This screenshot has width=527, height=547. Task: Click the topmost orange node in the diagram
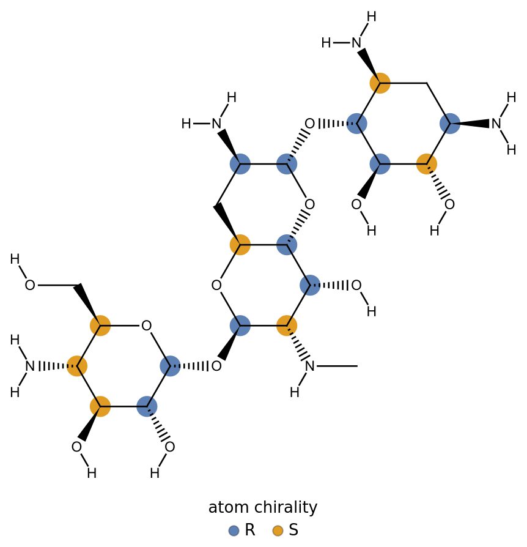coord(380,83)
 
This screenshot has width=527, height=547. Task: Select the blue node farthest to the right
coord(450,124)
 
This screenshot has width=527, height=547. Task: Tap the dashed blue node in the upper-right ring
coord(356,124)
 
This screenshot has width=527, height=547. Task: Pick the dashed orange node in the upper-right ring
coord(427,164)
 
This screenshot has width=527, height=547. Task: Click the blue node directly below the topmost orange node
coord(380,164)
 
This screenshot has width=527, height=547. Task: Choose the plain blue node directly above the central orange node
coord(240,164)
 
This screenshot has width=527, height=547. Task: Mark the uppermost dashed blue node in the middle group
coord(287,164)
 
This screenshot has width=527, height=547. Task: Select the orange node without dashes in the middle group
coord(240,245)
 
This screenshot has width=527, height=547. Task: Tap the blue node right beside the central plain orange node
coord(287,245)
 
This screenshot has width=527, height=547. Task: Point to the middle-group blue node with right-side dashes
coord(310,285)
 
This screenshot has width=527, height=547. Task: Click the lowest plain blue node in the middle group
coord(240,326)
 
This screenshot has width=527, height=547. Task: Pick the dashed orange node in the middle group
coord(287,326)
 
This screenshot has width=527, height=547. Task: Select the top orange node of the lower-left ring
coord(100,326)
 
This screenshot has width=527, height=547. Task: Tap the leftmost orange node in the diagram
coord(77,366)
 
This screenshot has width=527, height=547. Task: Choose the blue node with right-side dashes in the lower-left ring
coord(170,366)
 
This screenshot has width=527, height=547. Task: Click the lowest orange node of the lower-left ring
coord(100,406)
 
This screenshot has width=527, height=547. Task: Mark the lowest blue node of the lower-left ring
coord(147,406)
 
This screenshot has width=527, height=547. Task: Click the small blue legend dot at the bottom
coord(234,530)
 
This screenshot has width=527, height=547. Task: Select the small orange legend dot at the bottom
coord(278,530)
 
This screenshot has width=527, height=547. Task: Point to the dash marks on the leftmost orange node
coord(70,366)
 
